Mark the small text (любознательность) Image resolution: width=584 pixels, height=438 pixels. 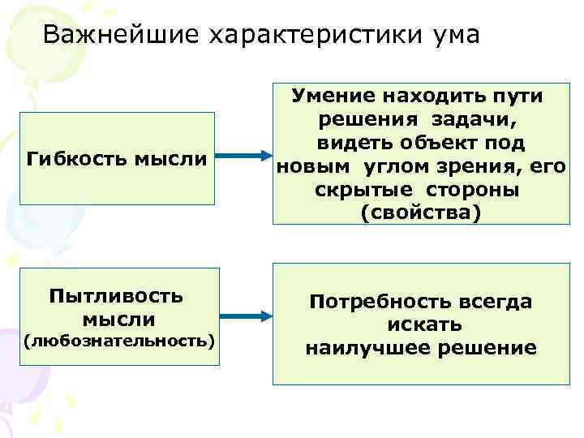pyautogui.click(x=118, y=340)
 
